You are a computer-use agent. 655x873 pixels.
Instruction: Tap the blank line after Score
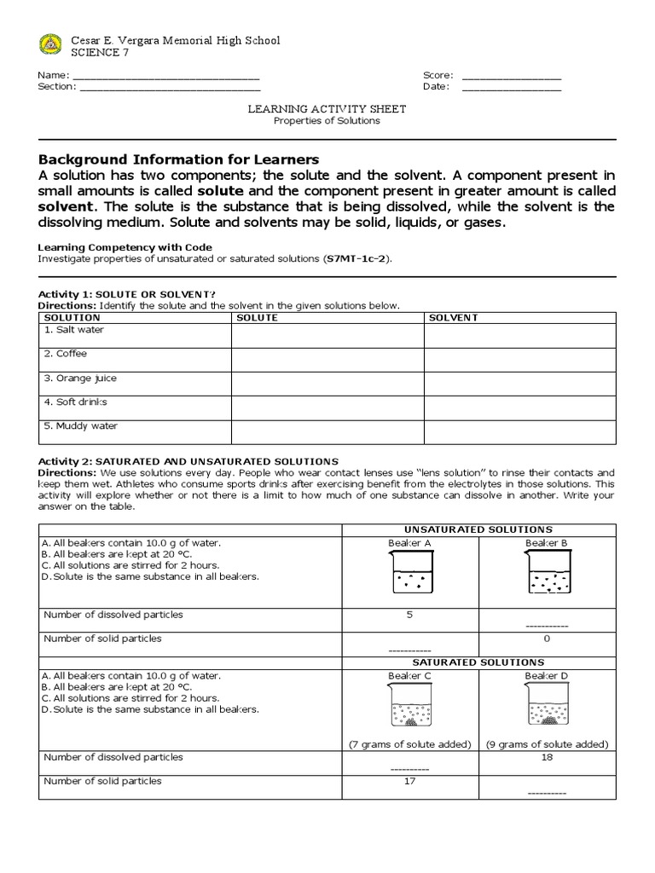point(512,77)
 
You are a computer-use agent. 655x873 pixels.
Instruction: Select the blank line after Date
point(512,88)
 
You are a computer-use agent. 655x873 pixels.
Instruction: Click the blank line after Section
point(170,88)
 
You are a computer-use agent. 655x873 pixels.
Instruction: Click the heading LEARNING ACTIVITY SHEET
point(327,109)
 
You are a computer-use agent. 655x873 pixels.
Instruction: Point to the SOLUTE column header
point(257,317)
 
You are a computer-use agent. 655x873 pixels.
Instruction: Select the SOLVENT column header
point(453,317)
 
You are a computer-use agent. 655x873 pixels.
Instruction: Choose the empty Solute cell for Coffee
point(327,360)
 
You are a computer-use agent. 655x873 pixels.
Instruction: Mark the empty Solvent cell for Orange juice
point(519,384)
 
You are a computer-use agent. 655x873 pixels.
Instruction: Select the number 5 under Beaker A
point(409,615)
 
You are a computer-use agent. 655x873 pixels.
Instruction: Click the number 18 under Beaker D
point(547,756)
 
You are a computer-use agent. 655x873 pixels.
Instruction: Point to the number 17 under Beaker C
point(409,781)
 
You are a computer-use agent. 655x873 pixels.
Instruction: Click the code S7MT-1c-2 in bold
point(356,259)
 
